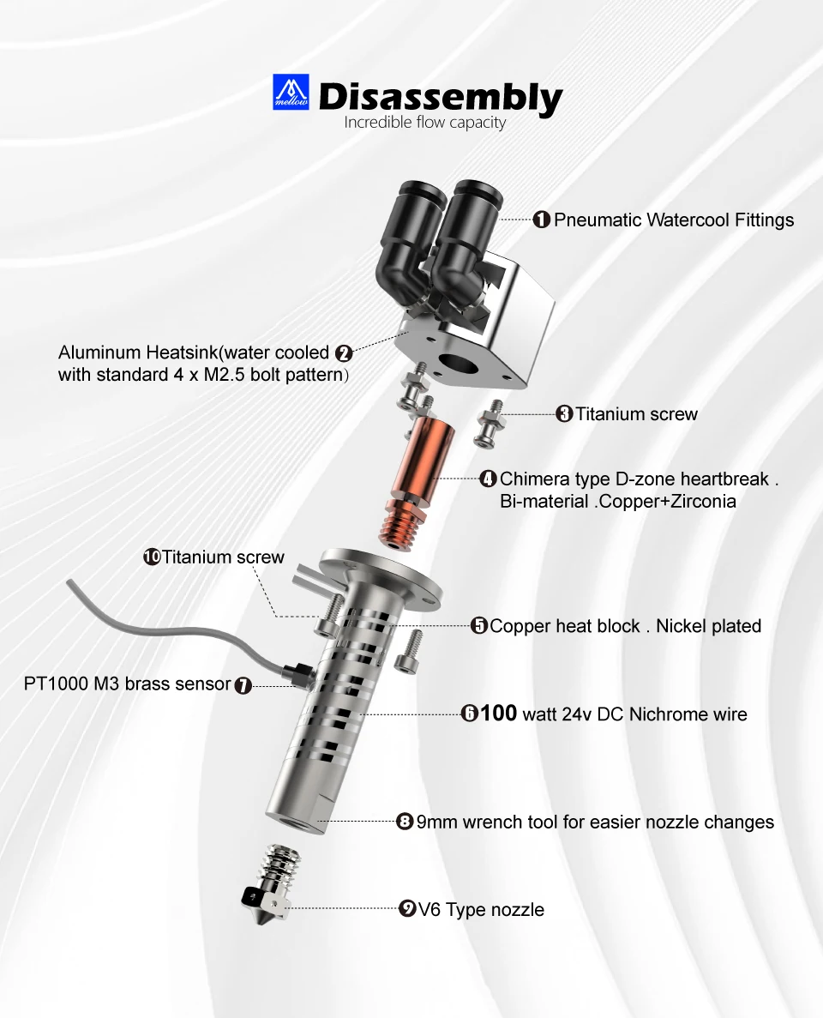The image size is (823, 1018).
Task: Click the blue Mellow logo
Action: (x=291, y=92)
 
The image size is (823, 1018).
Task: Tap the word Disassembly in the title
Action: (x=441, y=98)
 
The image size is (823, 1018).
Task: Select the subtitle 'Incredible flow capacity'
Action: (x=424, y=123)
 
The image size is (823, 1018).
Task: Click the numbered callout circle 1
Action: (x=541, y=220)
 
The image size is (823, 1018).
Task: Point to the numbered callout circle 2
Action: (x=344, y=353)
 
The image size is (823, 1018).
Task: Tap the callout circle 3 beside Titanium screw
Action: (x=564, y=414)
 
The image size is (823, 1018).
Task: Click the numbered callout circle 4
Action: (x=488, y=479)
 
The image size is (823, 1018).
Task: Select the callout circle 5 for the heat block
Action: (x=479, y=626)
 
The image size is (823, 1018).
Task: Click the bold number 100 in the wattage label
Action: (x=498, y=713)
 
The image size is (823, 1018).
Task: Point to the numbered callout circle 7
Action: (x=243, y=685)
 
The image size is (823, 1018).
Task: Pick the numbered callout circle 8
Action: (x=405, y=822)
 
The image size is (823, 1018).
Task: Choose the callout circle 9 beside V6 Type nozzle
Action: (x=407, y=909)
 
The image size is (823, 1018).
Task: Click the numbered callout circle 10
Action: (x=152, y=557)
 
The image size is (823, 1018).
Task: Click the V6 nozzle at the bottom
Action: (x=268, y=884)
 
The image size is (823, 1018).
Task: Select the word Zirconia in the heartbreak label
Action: (x=704, y=502)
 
